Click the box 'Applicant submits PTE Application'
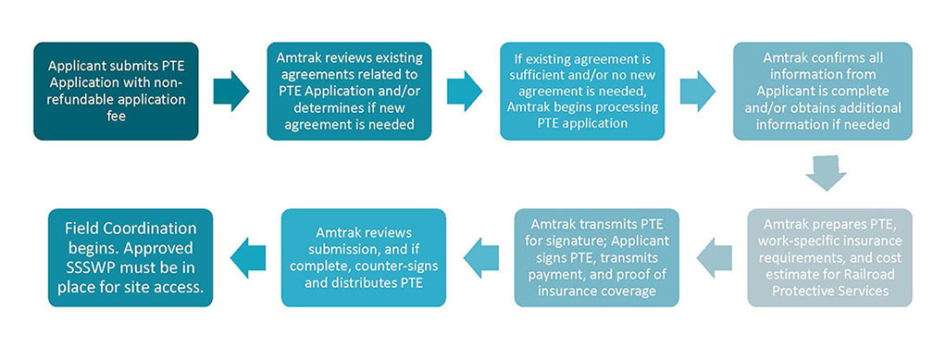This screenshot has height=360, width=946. tap(116, 91)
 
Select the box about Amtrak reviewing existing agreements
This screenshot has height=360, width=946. tap(349, 91)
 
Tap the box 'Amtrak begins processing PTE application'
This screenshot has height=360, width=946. tap(582, 91)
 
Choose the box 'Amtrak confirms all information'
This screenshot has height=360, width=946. tap(823, 91)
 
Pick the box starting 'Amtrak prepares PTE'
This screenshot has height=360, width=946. tap(823, 256)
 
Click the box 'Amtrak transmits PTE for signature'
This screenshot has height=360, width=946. tap(597, 256)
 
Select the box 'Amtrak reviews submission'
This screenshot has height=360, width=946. tap(363, 256)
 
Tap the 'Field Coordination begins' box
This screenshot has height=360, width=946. tap(131, 256)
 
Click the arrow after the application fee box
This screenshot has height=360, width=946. tap(231, 90)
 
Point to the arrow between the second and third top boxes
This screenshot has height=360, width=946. tap(465, 90)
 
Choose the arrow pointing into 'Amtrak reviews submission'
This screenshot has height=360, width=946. tap(480, 256)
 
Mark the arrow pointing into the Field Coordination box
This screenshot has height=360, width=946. tap(246, 256)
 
